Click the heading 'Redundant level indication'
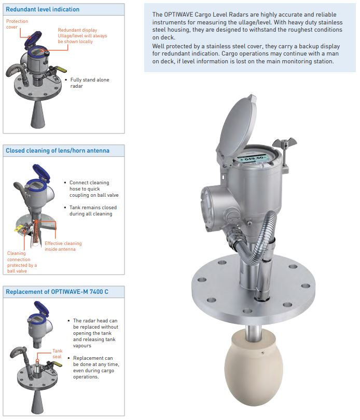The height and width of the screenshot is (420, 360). click(x=43, y=9)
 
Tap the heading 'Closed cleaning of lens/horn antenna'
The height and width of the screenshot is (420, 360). click(x=58, y=151)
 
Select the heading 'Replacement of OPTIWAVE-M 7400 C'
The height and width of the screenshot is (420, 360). click(x=57, y=292)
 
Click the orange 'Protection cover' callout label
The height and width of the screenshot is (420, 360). click(x=17, y=24)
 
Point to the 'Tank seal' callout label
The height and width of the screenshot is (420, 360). click(x=57, y=354)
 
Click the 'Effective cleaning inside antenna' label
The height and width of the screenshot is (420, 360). click(x=63, y=246)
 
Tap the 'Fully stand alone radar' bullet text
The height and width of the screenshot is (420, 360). click(x=90, y=83)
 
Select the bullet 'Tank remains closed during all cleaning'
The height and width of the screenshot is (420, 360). click(x=93, y=211)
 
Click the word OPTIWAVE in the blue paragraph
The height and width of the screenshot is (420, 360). click(x=176, y=15)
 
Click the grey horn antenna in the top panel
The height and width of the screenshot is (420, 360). click(x=37, y=114)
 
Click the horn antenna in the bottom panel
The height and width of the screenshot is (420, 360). click(x=37, y=402)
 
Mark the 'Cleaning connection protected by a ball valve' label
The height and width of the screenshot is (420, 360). click(x=22, y=262)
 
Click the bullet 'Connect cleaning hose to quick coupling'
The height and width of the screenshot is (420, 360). click(x=94, y=189)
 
